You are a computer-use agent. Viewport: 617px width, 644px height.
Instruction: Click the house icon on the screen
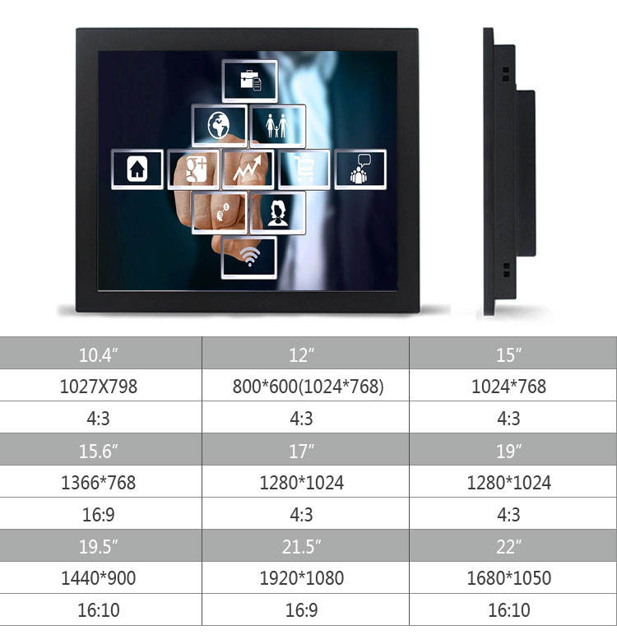tap(137, 169)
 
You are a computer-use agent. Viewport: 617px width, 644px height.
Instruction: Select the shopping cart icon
tap(304, 169)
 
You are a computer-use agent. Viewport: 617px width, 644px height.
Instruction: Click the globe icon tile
tap(220, 126)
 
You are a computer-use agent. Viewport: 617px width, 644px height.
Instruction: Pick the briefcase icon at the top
tap(250, 81)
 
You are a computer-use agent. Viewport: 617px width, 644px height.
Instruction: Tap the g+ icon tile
tap(194, 169)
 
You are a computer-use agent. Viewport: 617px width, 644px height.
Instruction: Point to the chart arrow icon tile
tap(248, 169)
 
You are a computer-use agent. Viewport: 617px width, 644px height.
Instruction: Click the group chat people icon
tap(360, 169)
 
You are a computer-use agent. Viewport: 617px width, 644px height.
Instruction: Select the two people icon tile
tap(276, 126)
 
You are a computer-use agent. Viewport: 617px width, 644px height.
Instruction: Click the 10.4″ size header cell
tap(100, 354)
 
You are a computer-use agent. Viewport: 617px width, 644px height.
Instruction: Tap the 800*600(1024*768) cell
tap(305, 387)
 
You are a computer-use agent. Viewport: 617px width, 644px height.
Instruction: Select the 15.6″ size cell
tap(100, 451)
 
